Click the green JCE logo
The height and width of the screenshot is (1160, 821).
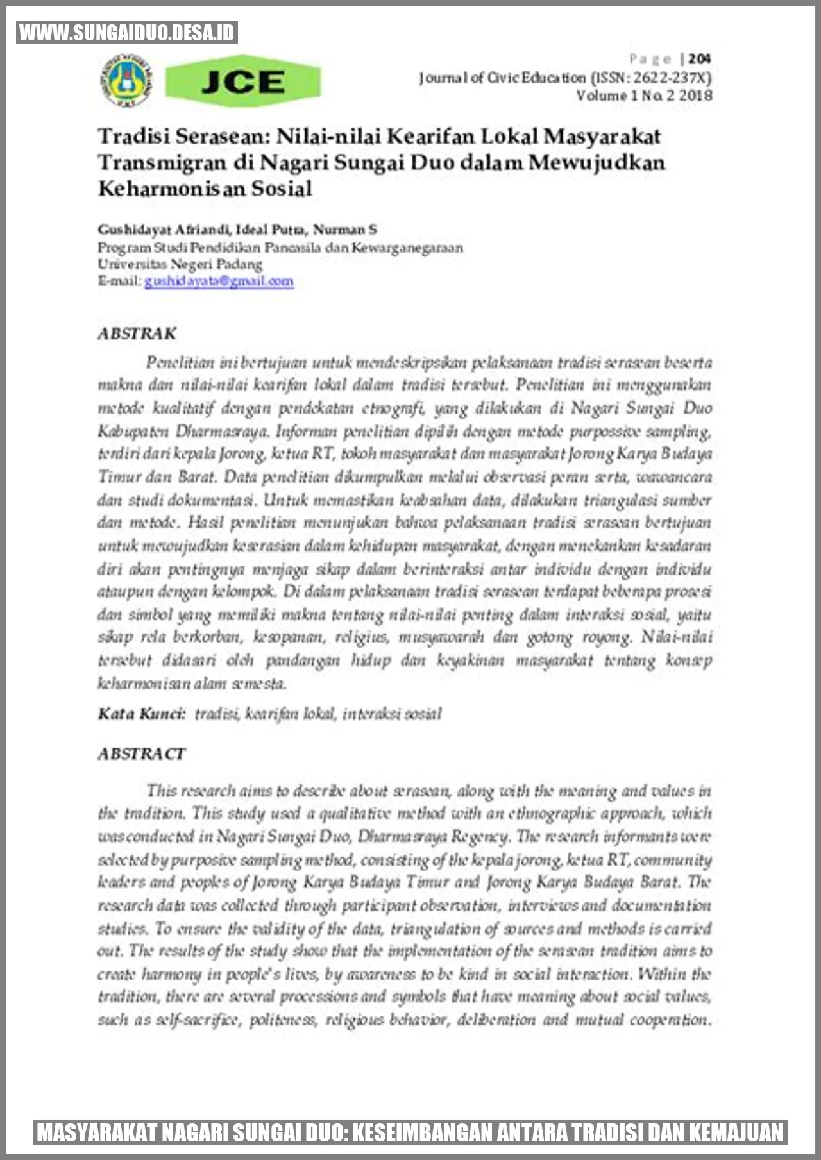(x=242, y=81)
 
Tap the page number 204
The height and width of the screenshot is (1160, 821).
(x=698, y=59)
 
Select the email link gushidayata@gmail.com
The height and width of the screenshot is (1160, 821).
(x=219, y=281)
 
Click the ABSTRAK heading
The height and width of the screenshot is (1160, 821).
(x=137, y=333)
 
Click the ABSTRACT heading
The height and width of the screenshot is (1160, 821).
(x=141, y=753)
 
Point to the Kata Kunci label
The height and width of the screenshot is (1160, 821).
(x=141, y=714)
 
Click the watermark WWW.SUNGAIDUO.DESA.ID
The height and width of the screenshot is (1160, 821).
(x=127, y=33)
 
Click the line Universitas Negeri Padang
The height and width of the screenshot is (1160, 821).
(x=180, y=264)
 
